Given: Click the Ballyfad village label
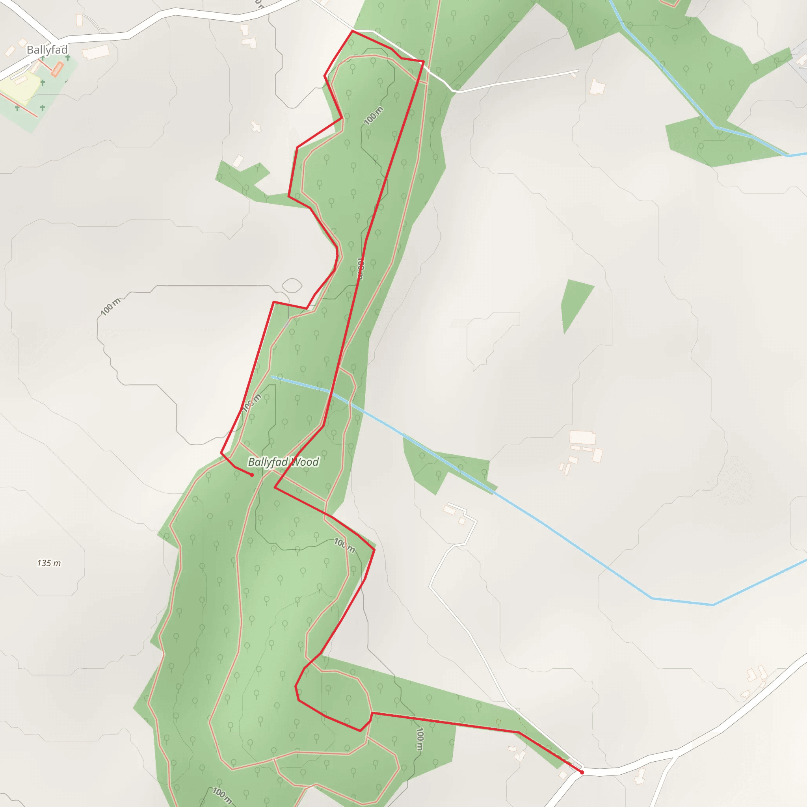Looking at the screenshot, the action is [x=47, y=50].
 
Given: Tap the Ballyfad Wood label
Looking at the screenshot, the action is [x=283, y=462].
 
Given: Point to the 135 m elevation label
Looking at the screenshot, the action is [x=49, y=563].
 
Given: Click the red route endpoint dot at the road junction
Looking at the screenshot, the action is [x=582, y=772].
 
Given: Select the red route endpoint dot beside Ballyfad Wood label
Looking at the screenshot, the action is [x=251, y=475].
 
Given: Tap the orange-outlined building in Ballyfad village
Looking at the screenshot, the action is [x=57, y=69].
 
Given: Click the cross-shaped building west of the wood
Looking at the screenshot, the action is [x=256, y=127].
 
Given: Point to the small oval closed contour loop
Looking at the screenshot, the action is [x=292, y=286].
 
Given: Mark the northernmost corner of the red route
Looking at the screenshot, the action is [x=353, y=31].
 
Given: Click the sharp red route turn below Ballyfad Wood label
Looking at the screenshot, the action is [x=275, y=487].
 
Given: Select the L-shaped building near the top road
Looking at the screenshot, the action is [x=249, y=43].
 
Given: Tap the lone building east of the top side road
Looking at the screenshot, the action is [x=597, y=87].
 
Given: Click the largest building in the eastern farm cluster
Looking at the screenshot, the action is [x=583, y=437].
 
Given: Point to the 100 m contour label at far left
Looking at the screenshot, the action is [x=110, y=307].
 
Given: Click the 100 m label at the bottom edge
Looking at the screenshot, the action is [x=222, y=795].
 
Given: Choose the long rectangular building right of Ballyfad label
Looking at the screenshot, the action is [x=96, y=52].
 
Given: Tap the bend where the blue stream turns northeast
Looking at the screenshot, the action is [x=712, y=604].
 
